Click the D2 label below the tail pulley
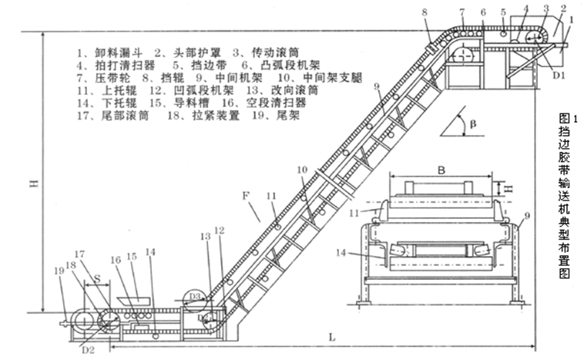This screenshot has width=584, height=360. pos(87,349)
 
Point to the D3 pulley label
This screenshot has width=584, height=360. pos(194,296)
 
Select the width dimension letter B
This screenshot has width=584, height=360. pos(442,165)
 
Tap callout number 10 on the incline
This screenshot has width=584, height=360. pos(303,168)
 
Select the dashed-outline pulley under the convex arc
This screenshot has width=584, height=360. pos(465,56)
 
